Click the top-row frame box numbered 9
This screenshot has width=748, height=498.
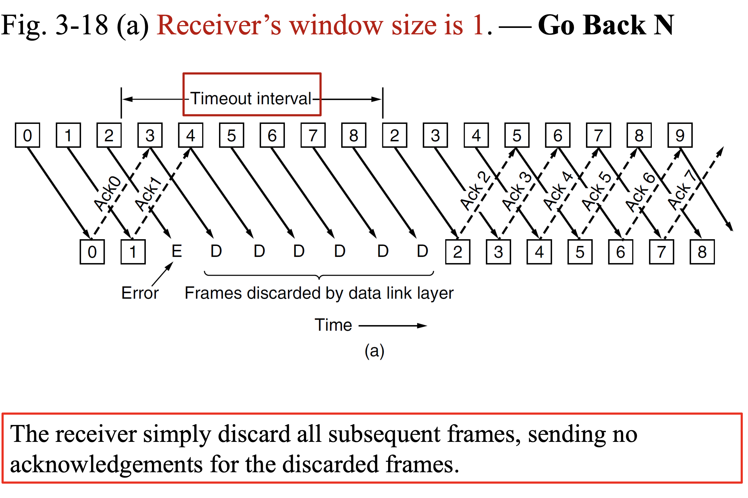(679, 135)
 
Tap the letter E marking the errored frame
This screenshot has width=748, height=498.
(177, 251)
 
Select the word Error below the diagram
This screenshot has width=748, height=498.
(140, 293)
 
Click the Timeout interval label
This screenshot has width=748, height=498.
(251, 98)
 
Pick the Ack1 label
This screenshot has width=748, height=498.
(149, 194)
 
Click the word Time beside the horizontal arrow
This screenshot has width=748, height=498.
(333, 325)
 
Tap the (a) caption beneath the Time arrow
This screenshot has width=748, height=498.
(374, 351)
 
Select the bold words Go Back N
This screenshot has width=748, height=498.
(606, 25)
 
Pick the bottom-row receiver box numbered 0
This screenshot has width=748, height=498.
(92, 252)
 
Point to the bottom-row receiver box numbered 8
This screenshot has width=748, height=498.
(702, 252)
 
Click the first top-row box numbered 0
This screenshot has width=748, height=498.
(27, 135)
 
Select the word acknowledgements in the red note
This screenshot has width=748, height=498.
(106, 464)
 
